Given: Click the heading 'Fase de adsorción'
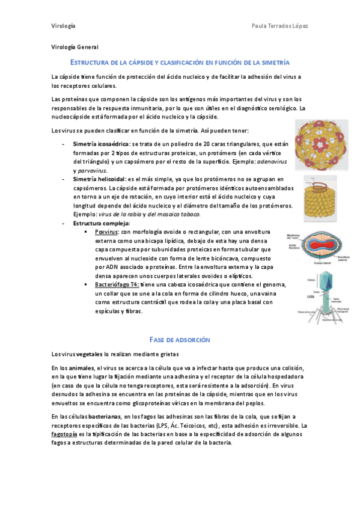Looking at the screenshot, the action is pyautogui.click(x=180, y=340).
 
